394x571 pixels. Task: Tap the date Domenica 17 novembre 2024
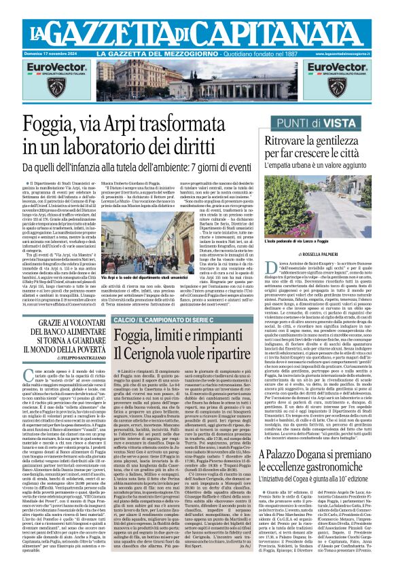(x=50, y=53)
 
